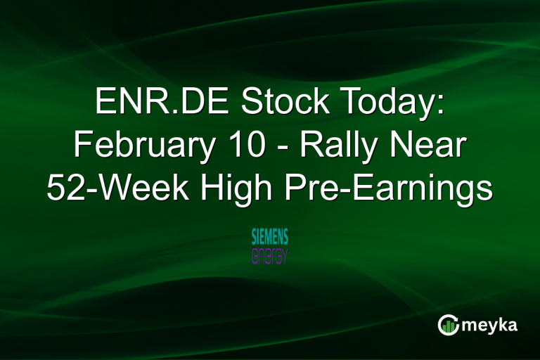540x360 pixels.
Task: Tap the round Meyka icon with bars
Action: [448, 324]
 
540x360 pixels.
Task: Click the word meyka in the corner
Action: [491, 324]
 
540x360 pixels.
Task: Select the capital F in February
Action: [82, 146]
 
